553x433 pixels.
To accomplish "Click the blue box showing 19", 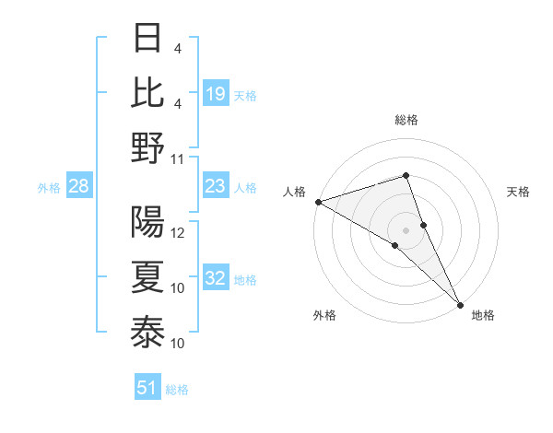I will [x=216, y=93].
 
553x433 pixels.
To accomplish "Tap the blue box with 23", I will [x=216, y=187].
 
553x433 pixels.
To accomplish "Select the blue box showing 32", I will [x=216, y=279].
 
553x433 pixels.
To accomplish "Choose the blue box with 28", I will [x=79, y=187].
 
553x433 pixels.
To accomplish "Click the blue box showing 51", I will [x=147, y=388].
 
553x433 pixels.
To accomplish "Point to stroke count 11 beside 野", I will [x=178, y=158].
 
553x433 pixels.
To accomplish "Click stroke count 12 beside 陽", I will [x=178, y=232].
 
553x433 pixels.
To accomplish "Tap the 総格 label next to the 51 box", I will [x=177, y=389].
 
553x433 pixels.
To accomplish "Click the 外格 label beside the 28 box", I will [x=49, y=188].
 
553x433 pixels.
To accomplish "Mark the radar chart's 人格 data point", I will [x=318, y=202].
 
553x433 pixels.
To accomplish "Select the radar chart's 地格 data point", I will [x=459, y=303].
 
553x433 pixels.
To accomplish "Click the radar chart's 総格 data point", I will [x=406, y=175].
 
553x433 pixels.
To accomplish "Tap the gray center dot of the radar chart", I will [x=406, y=229].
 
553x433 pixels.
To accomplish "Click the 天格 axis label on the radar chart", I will [x=519, y=192].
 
